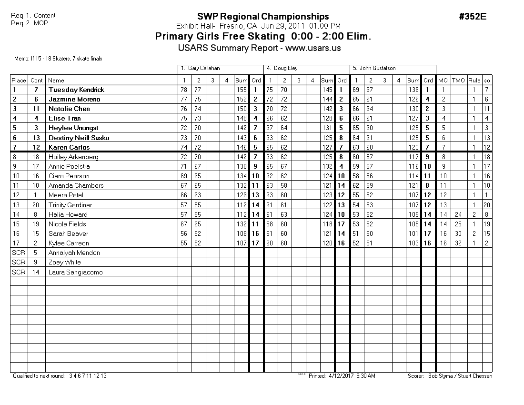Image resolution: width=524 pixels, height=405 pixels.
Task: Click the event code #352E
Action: click(x=473, y=17)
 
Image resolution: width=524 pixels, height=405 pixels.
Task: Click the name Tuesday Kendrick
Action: click(x=76, y=90)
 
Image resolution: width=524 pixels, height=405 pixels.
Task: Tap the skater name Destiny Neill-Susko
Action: click(x=79, y=138)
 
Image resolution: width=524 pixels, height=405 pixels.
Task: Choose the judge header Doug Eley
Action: click(x=285, y=69)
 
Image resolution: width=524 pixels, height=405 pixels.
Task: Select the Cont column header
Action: click(x=37, y=81)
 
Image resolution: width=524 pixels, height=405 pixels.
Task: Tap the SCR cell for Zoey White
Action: click(x=19, y=263)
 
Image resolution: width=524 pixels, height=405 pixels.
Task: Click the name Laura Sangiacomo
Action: click(x=75, y=272)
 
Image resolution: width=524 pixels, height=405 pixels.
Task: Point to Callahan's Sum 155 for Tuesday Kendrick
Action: click(x=241, y=90)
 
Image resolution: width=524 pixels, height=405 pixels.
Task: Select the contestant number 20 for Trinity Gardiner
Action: click(x=37, y=205)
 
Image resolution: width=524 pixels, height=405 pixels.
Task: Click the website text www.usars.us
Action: click(x=313, y=48)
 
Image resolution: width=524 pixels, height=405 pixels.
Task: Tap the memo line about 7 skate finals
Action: click(x=59, y=59)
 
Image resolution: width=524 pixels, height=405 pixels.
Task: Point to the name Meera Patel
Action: click(x=66, y=195)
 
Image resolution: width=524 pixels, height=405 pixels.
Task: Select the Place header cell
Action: click(x=19, y=81)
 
